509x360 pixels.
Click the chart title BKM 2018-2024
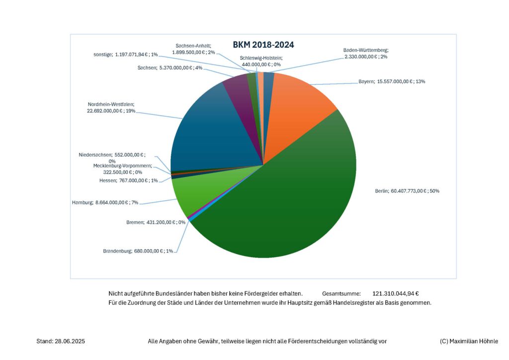(263, 45)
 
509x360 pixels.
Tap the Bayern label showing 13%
(391, 82)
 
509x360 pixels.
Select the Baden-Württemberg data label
(365, 54)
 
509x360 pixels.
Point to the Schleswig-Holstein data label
(260, 61)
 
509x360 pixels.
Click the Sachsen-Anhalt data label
(193, 48)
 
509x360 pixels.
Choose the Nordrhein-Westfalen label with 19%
(111, 108)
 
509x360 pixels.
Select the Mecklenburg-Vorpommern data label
(122, 169)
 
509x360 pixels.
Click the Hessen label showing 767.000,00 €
(128, 180)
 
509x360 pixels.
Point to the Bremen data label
(156, 222)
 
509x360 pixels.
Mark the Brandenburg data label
(138, 251)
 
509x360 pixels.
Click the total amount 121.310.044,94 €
(399, 294)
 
